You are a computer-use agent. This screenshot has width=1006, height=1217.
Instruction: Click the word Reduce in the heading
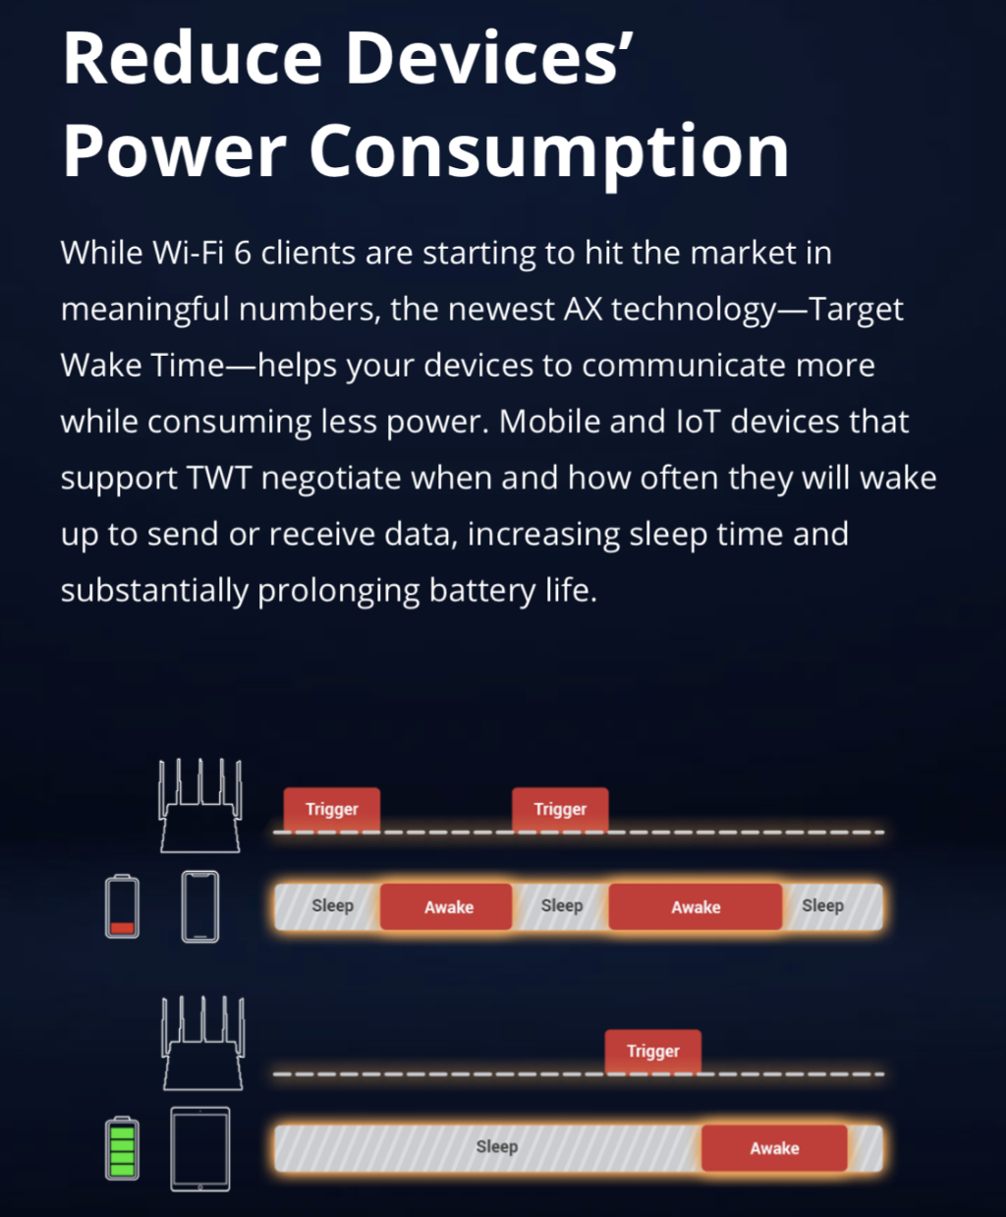coord(193,58)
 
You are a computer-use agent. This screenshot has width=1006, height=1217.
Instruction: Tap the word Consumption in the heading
coord(549,152)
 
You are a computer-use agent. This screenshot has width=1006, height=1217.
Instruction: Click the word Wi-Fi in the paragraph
coord(189,253)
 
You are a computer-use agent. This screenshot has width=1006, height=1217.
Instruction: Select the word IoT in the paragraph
coord(698,422)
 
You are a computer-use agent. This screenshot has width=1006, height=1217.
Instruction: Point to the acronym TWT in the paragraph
coord(220,478)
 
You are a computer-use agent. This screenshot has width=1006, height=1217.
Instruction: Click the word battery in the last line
coord(481,591)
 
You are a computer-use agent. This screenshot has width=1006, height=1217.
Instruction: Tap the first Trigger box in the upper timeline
coord(332,810)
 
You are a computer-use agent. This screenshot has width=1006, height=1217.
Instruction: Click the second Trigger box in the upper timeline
coord(560,810)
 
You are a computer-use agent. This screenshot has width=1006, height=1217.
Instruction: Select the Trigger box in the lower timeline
coord(653,1052)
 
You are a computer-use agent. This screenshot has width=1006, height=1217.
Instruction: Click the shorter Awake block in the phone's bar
coord(446,907)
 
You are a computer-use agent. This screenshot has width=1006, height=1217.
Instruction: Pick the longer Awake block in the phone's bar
coord(696,907)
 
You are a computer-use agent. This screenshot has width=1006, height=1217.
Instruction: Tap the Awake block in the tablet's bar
coord(774,1148)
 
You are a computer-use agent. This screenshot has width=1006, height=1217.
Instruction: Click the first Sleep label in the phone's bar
coord(333,905)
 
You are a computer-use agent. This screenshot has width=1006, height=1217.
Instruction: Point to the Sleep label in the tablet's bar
coord(497,1147)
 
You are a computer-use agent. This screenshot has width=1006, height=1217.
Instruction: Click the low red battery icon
coord(123,905)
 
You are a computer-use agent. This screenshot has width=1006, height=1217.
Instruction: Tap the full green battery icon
coord(123,1147)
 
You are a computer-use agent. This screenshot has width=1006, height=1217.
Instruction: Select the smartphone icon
coord(200,907)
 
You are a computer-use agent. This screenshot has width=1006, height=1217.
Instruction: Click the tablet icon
coord(200,1149)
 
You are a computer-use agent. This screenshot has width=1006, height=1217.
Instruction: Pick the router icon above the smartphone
coord(200,805)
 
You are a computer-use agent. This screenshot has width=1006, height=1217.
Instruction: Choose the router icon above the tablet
coord(203,1043)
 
